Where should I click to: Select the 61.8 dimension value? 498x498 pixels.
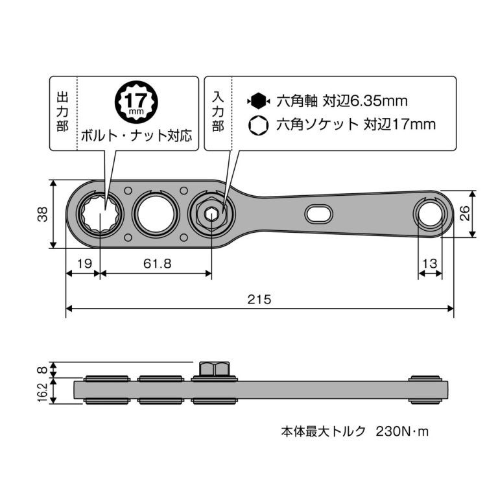[156, 264]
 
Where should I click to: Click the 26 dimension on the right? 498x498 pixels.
[464, 213]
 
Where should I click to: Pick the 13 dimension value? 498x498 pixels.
[430, 264]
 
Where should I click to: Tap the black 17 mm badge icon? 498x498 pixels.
[136, 102]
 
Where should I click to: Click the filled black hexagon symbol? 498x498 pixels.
[257, 101]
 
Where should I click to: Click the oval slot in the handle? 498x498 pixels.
[318, 213]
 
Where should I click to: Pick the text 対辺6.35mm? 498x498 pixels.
[368, 101]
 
